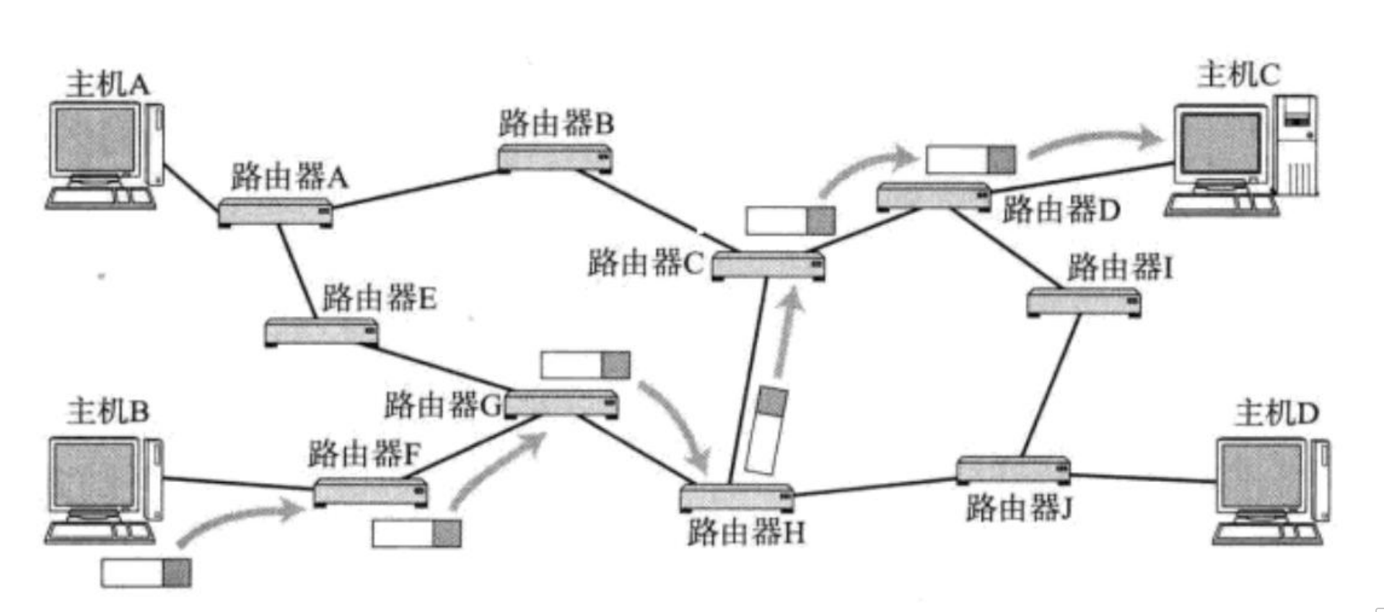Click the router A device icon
(275, 212)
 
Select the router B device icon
(555, 158)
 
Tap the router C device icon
(768, 266)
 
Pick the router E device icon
(321, 331)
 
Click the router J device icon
(1012, 470)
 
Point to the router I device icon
(1083, 302)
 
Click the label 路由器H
(745, 533)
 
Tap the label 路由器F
(364, 454)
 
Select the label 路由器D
(1061, 210)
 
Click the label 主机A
(108, 84)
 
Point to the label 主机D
(1276, 414)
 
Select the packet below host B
(146, 573)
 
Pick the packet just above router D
(971, 159)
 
